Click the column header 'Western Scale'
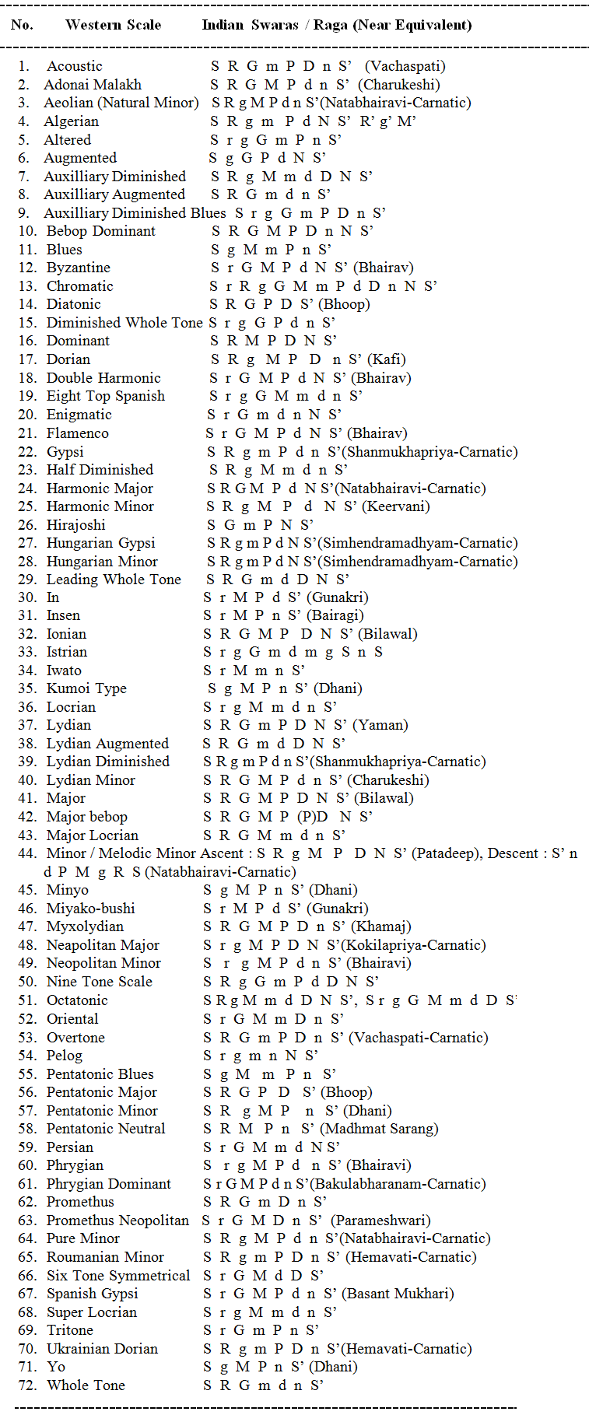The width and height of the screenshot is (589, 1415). (113, 25)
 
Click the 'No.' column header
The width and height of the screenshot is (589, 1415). (22, 25)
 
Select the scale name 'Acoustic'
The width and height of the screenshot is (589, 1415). (74, 66)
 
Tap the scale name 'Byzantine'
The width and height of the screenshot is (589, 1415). (78, 268)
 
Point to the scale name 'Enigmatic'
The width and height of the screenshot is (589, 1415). (79, 415)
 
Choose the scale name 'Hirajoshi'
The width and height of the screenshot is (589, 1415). (75, 525)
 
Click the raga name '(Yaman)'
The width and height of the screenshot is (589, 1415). (380, 725)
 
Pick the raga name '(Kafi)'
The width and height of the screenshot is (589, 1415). (387, 359)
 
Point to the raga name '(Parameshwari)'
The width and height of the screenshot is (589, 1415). (380, 1221)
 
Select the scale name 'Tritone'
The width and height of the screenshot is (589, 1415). (70, 1330)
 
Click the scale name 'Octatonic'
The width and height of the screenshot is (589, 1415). (77, 1000)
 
